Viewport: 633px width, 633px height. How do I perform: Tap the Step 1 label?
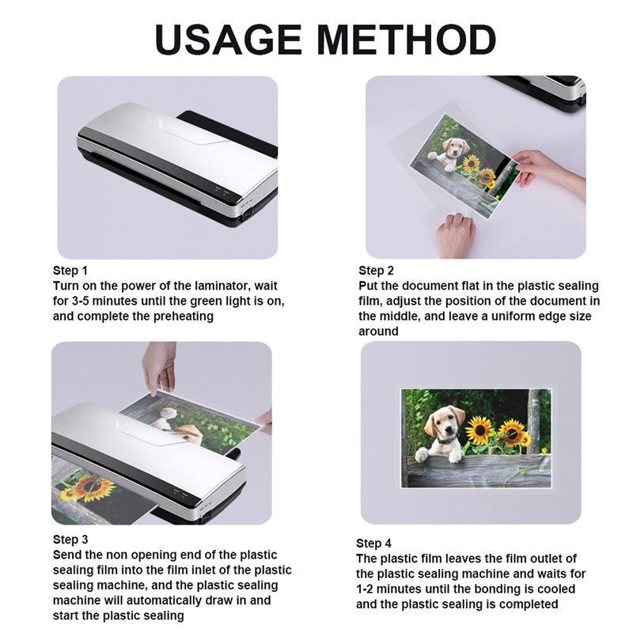(x=70, y=271)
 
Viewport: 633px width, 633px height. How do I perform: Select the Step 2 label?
(x=376, y=271)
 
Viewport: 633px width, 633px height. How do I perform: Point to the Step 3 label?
(x=70, y=540)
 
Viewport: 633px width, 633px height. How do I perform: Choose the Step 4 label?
(x=373, y=544)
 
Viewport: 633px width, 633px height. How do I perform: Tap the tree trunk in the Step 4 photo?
(x=535, y=419)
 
